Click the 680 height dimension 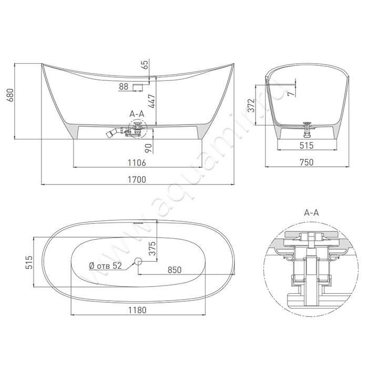[11, 95]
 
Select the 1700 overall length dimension [137, 180]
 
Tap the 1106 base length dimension [137, 162]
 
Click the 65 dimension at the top [145, 65]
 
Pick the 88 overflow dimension [124, 86]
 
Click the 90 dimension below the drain [149, 148]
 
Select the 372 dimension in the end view [251, 106]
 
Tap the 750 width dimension [306, 162]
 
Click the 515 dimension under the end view [306, 146]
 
